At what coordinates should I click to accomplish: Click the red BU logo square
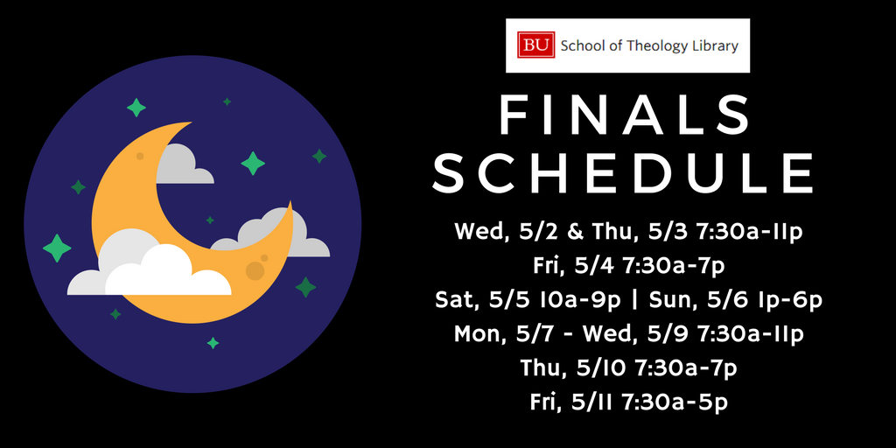tap(535, 45)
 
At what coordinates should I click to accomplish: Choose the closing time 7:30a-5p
tap(675, 402)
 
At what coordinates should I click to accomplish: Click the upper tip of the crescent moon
tap(190, 122)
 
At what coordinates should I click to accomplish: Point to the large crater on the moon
tap(255, 270)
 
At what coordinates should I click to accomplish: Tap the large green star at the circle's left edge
tap(57, 248)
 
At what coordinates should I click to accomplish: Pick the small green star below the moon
tap(213, 343)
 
